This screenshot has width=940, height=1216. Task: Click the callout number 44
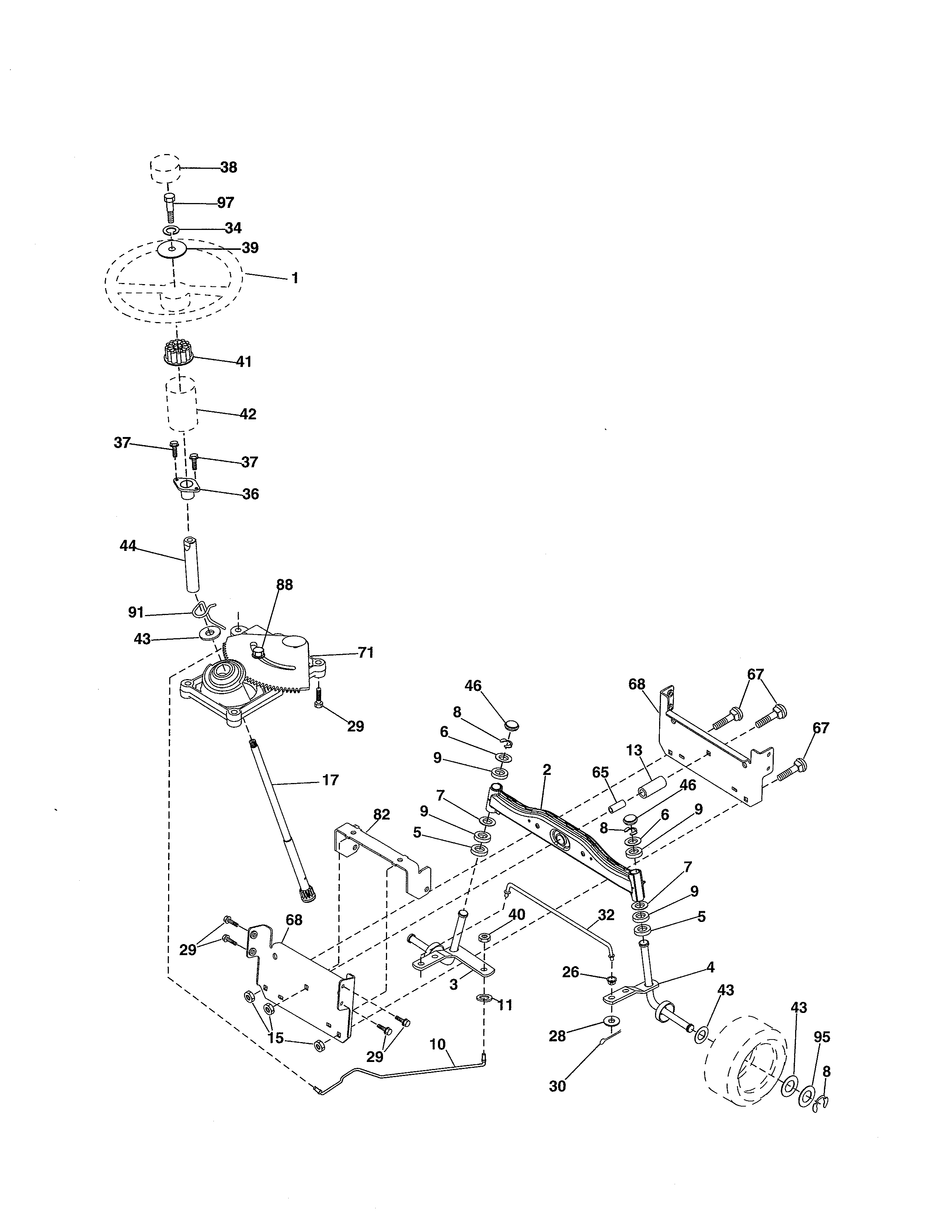128,546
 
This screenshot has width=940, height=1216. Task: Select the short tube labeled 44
192,565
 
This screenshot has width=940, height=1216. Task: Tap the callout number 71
365,652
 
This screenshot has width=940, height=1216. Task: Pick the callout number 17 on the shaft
330,780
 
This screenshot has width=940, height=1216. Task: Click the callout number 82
382,815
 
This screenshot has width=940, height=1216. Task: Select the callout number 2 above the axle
546,770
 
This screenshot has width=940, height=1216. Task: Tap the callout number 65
600,772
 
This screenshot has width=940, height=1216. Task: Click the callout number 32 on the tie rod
606,915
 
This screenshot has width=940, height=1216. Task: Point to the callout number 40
517,914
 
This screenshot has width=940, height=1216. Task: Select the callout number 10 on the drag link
438,1045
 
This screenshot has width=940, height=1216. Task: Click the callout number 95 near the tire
821,1037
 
